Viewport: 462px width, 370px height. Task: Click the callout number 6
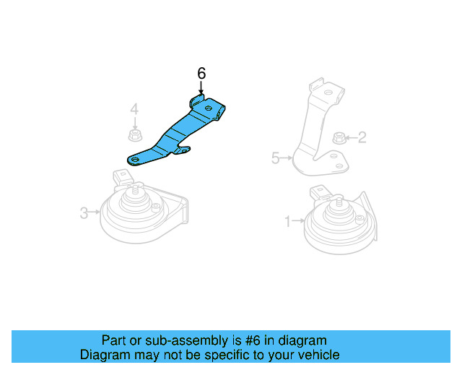click(201, 73)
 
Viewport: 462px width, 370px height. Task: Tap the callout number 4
click(134, 110)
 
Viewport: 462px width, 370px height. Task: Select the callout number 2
click(362, 136)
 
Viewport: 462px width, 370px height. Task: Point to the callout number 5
click(275, 158)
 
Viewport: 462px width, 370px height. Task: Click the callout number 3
click(84, 212)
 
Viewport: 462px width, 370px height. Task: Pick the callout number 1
click(287, 222)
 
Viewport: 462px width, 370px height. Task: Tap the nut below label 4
click(134, 134)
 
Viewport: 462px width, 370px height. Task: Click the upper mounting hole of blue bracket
click(208, 110)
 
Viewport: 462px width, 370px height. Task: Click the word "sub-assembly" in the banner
click(170, 340)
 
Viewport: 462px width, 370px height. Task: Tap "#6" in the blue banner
click(241, 340)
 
